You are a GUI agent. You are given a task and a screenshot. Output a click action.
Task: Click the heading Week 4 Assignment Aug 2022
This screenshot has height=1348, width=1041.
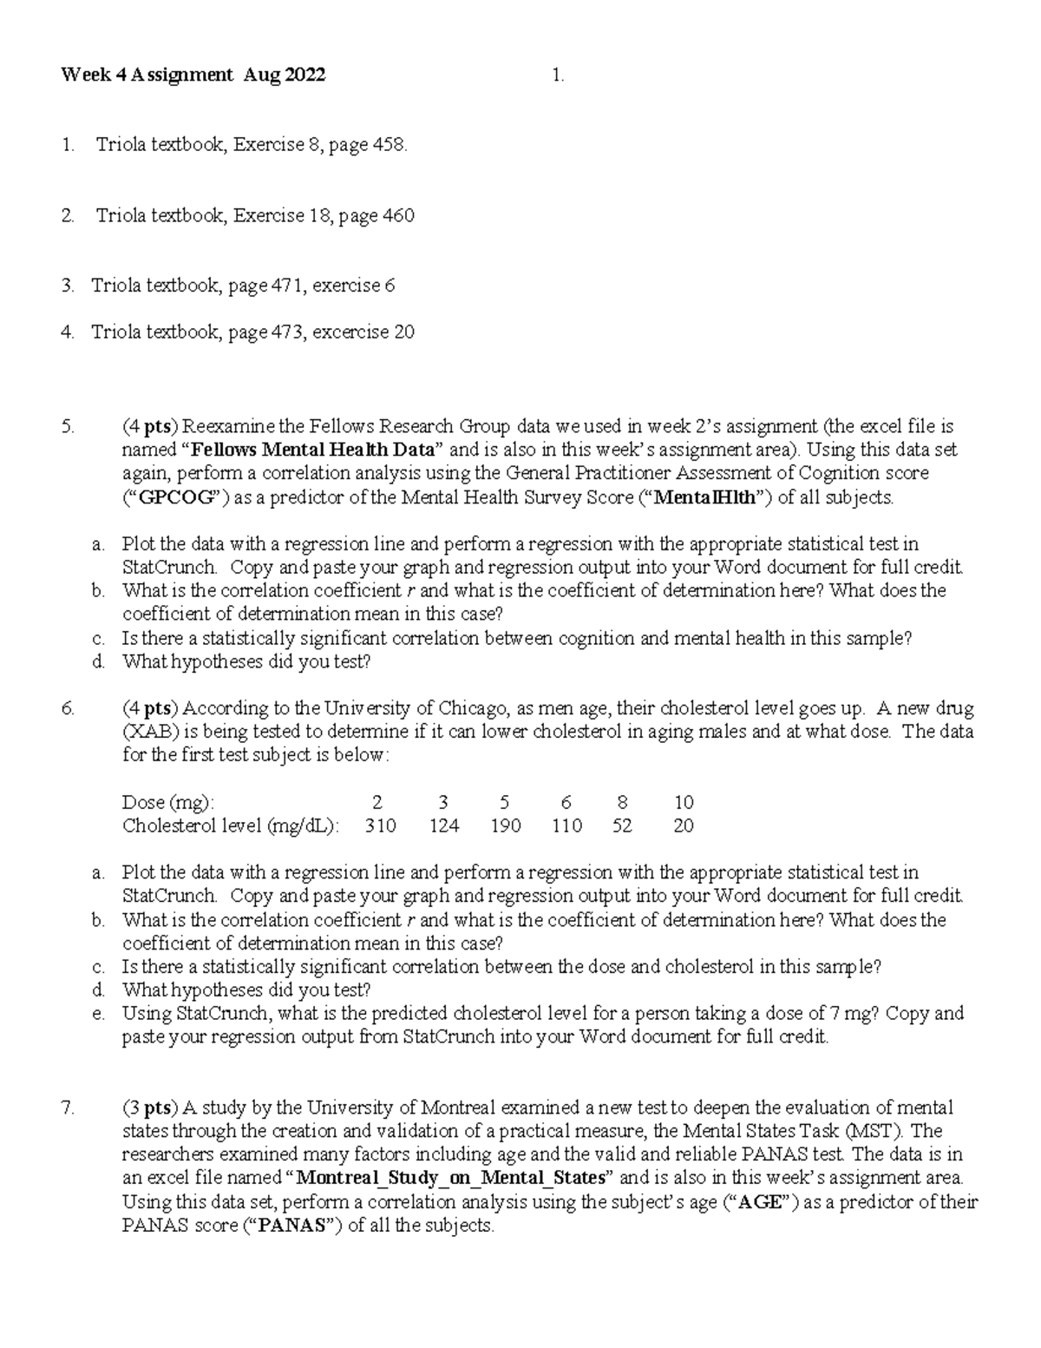point(193,76)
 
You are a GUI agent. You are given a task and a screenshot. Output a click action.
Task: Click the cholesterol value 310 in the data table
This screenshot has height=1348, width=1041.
point(380,825)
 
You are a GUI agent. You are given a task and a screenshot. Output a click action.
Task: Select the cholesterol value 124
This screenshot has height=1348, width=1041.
point(444,825)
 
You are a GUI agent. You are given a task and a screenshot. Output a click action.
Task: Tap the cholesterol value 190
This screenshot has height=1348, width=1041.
point(505,825)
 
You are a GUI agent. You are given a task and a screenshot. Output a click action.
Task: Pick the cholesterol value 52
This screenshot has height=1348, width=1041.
point(622,825)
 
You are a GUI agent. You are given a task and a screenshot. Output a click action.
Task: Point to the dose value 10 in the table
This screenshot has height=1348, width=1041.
point(684,802)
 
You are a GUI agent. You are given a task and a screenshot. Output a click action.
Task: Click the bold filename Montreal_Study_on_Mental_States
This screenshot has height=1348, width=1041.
point(450,1178)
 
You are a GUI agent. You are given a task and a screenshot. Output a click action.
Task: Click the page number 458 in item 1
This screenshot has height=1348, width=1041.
point(389,145)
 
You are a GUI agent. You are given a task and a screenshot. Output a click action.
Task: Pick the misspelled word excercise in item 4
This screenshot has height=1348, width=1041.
point(351,332)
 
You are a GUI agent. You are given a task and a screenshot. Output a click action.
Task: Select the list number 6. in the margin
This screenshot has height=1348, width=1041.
point(69,708)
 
